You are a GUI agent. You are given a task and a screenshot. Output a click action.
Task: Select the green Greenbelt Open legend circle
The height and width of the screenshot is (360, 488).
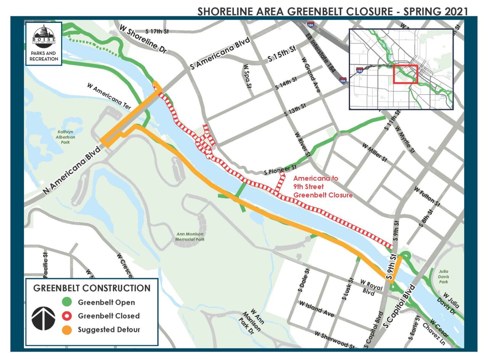pyautogui.click(x=67, y=302)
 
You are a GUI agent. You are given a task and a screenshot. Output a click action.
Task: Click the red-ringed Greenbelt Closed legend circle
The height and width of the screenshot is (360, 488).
pyautogui.click(x=67, y=316)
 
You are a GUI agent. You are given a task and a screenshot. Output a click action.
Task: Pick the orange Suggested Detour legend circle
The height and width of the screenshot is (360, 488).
pyautogui.click(x=67, y=330)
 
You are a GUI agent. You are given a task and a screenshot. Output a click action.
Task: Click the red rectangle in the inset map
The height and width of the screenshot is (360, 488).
pyautogui.click(x=405, y=74)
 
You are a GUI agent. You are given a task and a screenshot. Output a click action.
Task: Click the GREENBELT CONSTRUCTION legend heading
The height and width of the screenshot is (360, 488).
pyautogui.click(x=92, y=288)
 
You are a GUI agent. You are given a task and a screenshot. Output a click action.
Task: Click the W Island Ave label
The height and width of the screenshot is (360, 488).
pyautogui.click(x=316, y=309)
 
